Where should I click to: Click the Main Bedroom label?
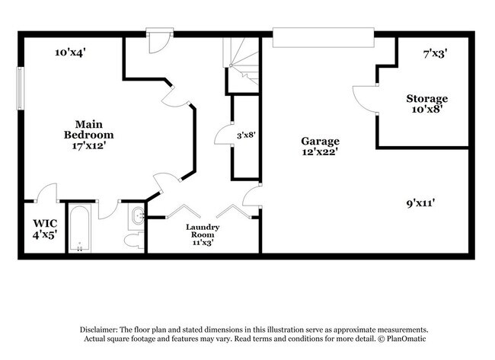(x=94, y=129)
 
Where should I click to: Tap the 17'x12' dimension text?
(x=94, y=145)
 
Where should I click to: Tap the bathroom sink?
(x=137, y=218)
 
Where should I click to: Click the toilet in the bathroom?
(x=133, y=240)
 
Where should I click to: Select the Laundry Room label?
(x=203, y=231)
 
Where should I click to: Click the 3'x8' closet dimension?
(x=244, y=135)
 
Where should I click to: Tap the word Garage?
(x=320, y=141)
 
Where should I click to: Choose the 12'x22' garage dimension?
(x=320, y=152)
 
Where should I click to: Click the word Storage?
(x=426, y=98)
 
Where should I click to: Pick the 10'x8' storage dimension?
(x=426, y=110)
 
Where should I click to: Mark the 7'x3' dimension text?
(x=435, y=53)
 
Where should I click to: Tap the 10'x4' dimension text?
(x=70, y=53)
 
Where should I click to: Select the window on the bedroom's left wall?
(x=21, y=91)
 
